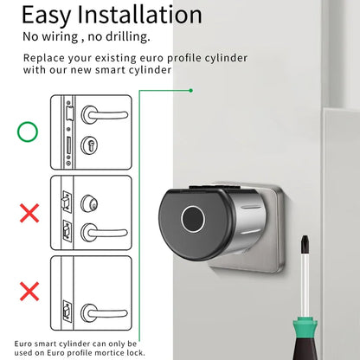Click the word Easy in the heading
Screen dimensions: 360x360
point(49,15)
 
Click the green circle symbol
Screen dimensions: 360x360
point(29,133)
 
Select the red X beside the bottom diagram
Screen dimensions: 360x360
point(29,291)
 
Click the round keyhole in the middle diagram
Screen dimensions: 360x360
point(86,204)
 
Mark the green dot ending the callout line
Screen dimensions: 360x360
point(190,89)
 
